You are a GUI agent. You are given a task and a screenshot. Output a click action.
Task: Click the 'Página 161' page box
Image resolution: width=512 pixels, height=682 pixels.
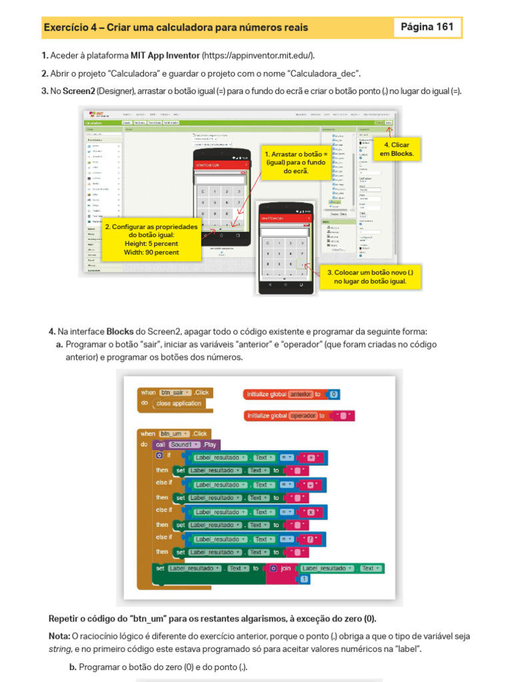[427, 27]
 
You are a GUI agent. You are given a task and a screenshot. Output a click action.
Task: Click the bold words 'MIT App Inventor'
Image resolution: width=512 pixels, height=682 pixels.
[165, 55]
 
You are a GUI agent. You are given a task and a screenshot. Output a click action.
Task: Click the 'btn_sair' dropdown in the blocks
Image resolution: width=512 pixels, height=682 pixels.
[176, 393]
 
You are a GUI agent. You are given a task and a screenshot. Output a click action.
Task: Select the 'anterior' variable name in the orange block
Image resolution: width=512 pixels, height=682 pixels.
[301, 394]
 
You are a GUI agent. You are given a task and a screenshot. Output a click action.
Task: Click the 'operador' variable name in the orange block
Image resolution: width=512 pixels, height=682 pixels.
[303, 416]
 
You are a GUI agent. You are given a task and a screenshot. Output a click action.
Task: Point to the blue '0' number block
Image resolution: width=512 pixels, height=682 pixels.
[335, 394]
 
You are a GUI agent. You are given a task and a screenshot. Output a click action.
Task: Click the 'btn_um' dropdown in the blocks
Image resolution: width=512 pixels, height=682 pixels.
[175, 434]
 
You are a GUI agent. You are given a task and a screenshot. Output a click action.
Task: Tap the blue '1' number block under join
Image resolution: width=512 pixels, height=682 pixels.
[304, 580]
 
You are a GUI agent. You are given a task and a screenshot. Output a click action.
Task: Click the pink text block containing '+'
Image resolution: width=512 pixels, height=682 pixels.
[311, 458]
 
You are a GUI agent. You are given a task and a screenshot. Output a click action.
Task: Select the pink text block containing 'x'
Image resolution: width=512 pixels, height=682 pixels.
[311, 512]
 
